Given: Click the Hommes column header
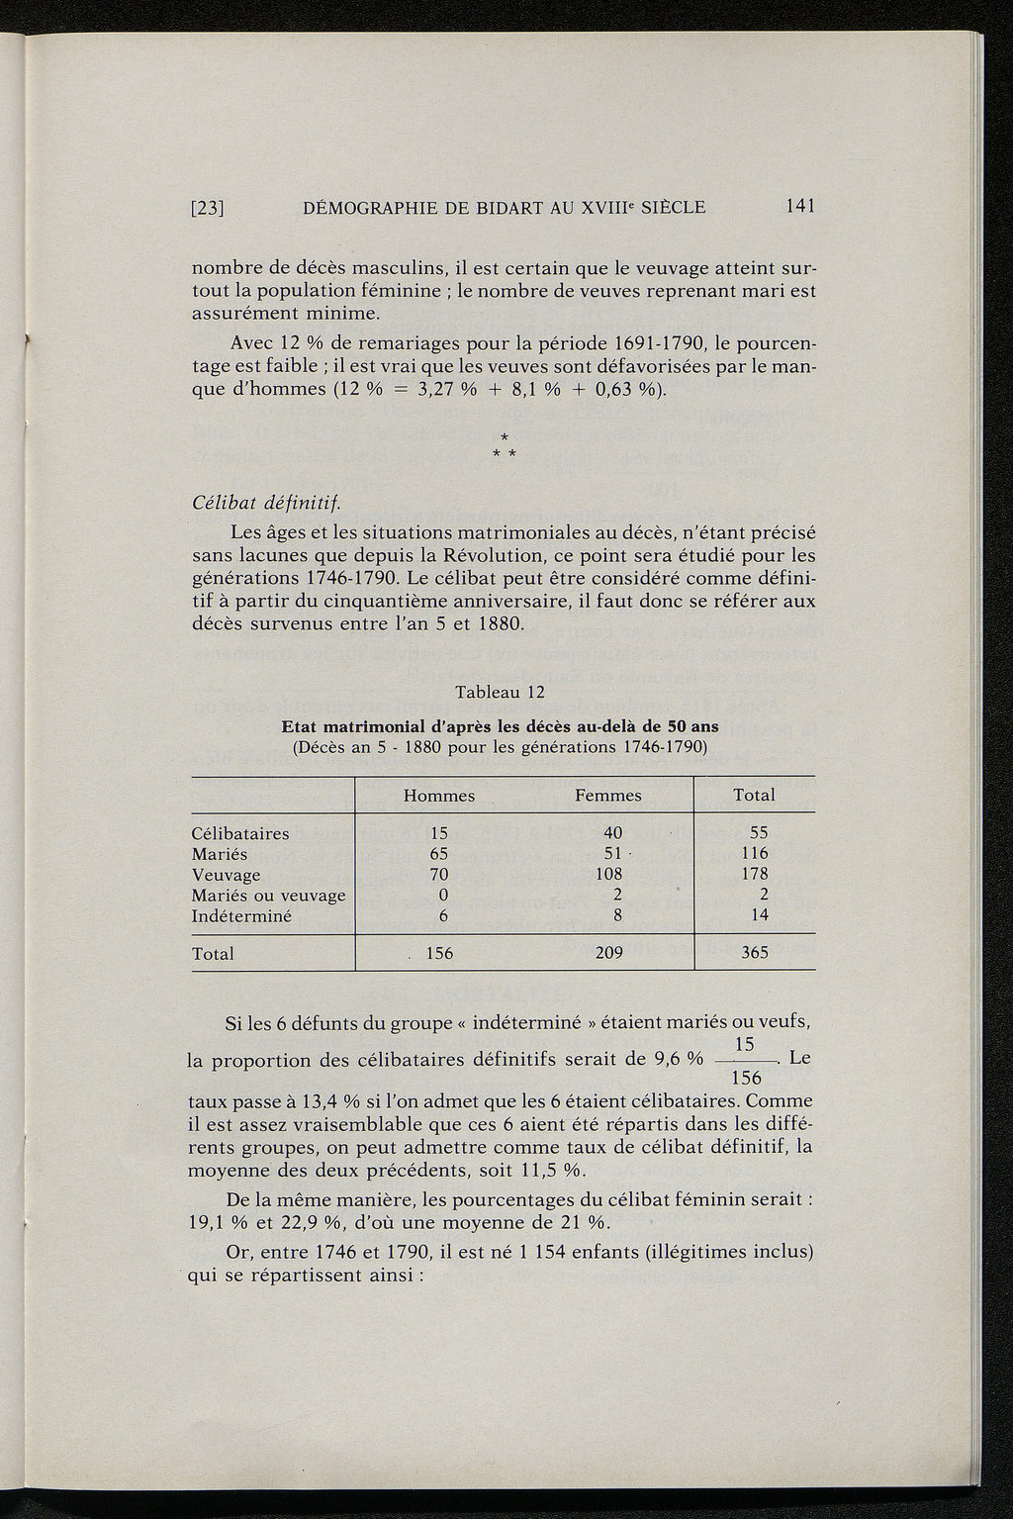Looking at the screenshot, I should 438,796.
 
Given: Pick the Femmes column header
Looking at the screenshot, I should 608,796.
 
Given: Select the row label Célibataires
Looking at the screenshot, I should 240,833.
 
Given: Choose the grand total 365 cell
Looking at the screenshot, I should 754,954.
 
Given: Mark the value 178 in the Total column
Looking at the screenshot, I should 754,875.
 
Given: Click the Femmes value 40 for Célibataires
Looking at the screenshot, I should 612,833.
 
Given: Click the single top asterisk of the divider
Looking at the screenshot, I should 504,436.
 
